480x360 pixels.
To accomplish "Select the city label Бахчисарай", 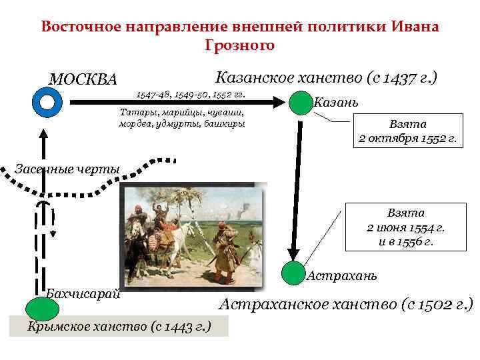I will [x=83, y=294].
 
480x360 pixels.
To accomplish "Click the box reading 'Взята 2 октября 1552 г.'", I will [x=407, y=132].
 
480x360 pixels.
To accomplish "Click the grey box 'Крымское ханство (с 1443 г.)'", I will [x=119, y=326].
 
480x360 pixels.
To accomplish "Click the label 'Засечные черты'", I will [x=67, y=168].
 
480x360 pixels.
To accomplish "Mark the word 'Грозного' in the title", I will [x=239, y=45].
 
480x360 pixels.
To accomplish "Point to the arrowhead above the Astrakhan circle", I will [x=291, y=254].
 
